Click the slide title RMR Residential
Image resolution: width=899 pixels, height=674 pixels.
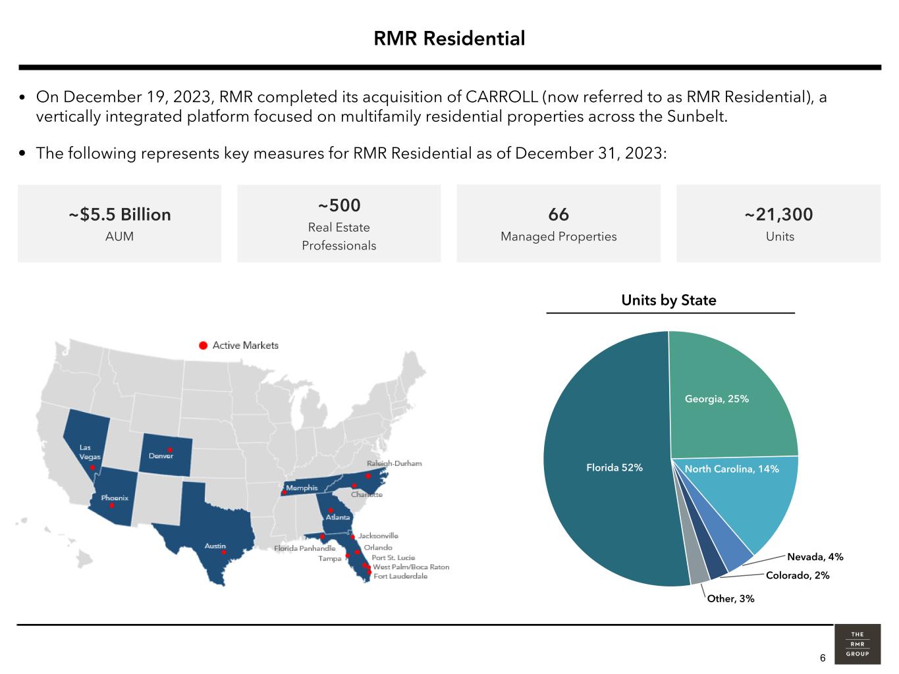click(x=449, y=39)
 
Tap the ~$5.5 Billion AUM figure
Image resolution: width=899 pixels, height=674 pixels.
click(x=120, y=215)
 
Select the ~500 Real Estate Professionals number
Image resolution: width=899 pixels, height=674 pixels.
click(x=339, y=205)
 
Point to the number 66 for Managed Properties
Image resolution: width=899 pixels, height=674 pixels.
click(x=558, y=215)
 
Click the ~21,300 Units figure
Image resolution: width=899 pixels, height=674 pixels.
click(x=778, y=215)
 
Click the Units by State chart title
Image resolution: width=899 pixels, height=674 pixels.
click(x=668, y=301)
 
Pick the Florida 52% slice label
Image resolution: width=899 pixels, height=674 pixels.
click(x=614, y=468)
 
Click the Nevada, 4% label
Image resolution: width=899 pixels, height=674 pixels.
click(x=815, y=557)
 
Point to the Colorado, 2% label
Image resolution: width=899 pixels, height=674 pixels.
click(x=798, y=575)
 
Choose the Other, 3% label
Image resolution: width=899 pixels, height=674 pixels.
click(x=730, y=599)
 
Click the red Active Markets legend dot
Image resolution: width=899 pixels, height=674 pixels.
click(x=204, y=346)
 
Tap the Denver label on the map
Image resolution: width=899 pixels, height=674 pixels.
click(x=161, y=456)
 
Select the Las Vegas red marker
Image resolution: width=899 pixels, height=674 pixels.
click(x=92, y=468)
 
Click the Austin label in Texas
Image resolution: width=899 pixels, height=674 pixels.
click(x=215, y=546)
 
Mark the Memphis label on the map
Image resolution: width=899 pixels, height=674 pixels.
click(x=302, y=488)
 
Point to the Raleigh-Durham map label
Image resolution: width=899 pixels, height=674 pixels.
click(x=394, y=463)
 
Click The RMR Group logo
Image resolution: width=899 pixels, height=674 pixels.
click(x=858, y=644)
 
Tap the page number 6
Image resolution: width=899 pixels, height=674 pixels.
click(x=823, y=658)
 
